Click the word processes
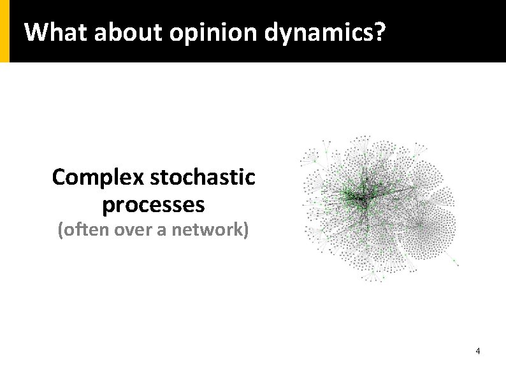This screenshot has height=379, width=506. point(153,205)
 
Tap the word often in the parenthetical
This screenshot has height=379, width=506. point(82,229)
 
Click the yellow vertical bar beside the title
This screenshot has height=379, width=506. point(4,31)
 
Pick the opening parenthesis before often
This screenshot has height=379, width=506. point(61,230)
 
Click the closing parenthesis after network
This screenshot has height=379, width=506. point(245,230)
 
